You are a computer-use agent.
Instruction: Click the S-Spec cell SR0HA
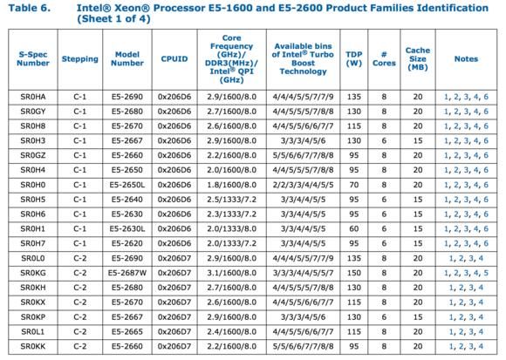click(33, 97)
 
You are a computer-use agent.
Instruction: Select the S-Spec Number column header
click(33, 58)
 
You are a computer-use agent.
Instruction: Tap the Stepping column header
click(80, 59)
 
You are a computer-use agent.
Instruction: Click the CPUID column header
click(174, 59)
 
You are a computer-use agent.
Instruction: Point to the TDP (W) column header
click(354, 58)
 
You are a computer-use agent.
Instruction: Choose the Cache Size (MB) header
click(418, 58)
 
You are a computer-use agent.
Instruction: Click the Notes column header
click(467, 59)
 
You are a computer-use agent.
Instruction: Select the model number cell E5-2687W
click(127, 273)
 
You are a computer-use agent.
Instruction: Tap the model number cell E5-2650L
click(127, 185)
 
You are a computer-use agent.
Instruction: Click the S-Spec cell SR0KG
click(33, 273)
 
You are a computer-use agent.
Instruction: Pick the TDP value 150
click(354, 273)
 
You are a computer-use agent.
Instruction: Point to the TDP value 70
click(354, 185)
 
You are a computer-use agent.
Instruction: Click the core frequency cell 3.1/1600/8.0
click(232, 273)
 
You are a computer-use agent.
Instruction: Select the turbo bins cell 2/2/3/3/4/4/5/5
click(303, 185)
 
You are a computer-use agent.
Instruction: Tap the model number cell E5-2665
click(127, 331)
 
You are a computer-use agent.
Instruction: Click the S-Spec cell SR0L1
click(33, 331)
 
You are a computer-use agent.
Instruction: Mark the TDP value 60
click(354, 229)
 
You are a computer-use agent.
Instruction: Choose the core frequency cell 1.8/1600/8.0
click(232, 185)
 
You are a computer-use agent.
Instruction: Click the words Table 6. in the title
click(30, 8)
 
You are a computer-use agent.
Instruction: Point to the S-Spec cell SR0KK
click(33, 346)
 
